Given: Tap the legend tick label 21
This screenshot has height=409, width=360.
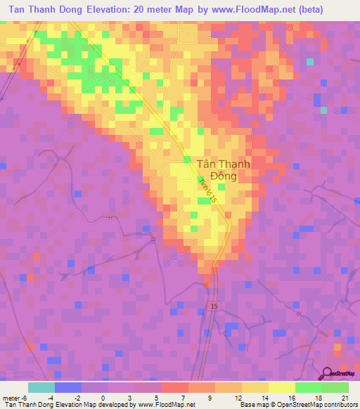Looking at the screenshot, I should coord(345,397).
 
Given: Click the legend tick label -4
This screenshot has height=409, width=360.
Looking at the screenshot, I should coord(50,397).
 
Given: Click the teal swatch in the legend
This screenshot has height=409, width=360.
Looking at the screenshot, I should coord(41,387).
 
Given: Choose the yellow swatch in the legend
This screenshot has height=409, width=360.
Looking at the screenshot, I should coord(282,387).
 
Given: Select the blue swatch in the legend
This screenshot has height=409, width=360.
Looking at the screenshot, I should coord(67,387).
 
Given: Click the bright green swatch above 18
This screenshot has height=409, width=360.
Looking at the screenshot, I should coord(309,387).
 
